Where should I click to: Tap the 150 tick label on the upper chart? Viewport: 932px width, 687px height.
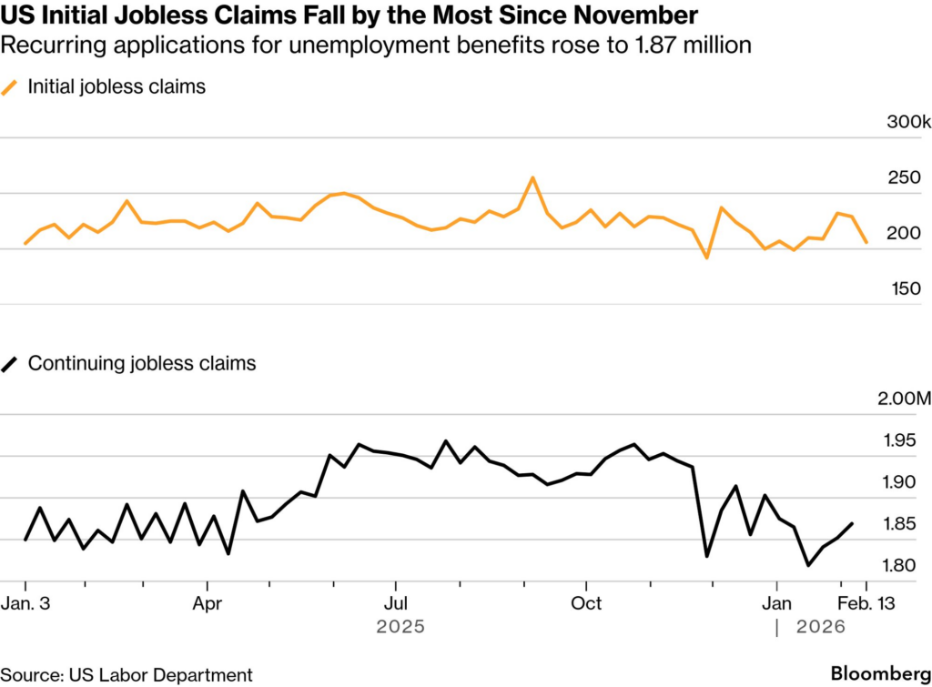pyautogui.click(x=907, y=289)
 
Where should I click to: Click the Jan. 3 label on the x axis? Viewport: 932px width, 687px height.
pyautogui.click(x=28, y=603)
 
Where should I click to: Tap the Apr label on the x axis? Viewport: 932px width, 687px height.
pyautogui.click(x=208, y=603)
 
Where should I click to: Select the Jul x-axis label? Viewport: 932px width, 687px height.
pyautogui.click(x=395, y=603)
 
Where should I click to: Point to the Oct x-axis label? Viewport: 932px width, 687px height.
pyautogui.click(x=587, y=603)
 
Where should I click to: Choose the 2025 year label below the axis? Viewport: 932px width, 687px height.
pyautogui.click(x=400, y=627)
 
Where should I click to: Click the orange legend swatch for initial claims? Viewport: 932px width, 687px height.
pyautogui.click(x=11, y=87)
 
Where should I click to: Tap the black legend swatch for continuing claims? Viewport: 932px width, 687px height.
pyautogui.click(x=11, y=364)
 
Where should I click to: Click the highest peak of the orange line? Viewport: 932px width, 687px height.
pyautogui.click(x=533, y=177)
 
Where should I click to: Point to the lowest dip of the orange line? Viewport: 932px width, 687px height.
pyautogui.click(x=706, y=258)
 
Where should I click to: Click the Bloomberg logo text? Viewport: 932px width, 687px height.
pyautogui.click(x=874, y=672)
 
